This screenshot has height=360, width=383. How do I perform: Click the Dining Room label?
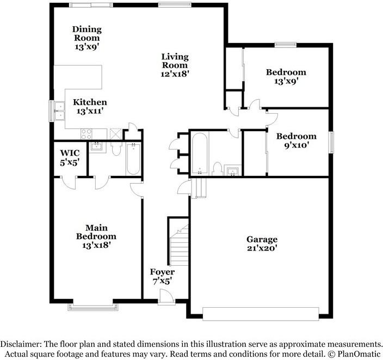point(87,34)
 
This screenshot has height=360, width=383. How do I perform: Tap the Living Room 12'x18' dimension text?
point(175,74)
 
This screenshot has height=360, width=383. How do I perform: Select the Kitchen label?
point(90,102)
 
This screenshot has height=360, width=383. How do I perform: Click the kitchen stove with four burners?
point(87,134)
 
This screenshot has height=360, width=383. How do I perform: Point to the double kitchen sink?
point(59,111)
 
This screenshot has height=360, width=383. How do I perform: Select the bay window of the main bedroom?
point(93,307)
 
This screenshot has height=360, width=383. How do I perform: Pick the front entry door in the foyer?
point(166,297)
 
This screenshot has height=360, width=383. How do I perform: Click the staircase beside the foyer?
point(180,245)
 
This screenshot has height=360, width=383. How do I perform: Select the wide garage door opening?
point(261,314)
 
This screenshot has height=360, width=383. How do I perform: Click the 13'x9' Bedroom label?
point(286,76)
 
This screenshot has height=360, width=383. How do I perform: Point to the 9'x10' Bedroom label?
point(296,141)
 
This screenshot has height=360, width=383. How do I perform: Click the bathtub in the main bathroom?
point(133,158)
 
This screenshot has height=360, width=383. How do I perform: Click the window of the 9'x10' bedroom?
point(331,142)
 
